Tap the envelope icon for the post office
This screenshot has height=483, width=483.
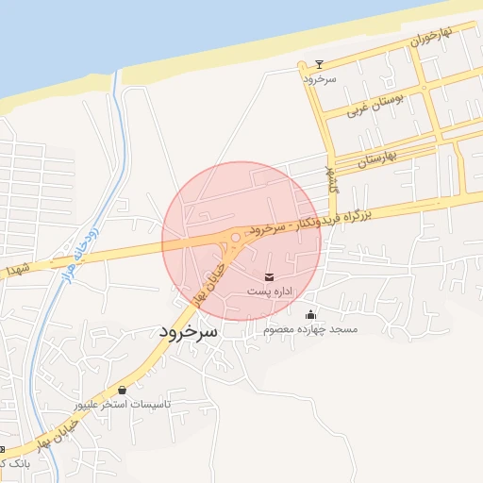271,276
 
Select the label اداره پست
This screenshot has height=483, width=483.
271,292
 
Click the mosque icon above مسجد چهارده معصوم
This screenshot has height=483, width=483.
312,314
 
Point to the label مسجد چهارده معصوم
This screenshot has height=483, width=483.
311,329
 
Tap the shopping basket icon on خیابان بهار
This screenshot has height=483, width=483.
123,389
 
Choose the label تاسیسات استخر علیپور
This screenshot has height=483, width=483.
124,404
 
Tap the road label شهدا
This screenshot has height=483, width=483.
18,270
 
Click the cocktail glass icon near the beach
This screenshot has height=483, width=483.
319,64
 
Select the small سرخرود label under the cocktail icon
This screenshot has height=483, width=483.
320,79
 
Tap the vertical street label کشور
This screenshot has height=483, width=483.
332,180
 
